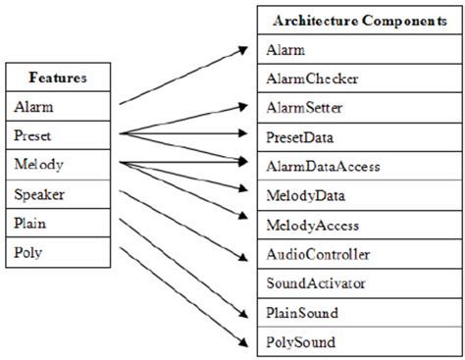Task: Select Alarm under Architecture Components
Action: point(357,49)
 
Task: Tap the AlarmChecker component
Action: point(357,78)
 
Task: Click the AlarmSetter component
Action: point(357,108)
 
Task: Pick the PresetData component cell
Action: point(357,137)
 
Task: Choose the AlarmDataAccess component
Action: point(357,167)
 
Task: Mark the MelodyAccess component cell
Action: point(357,226)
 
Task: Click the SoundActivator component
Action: point(357,284)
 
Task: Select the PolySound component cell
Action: point(357,342)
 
